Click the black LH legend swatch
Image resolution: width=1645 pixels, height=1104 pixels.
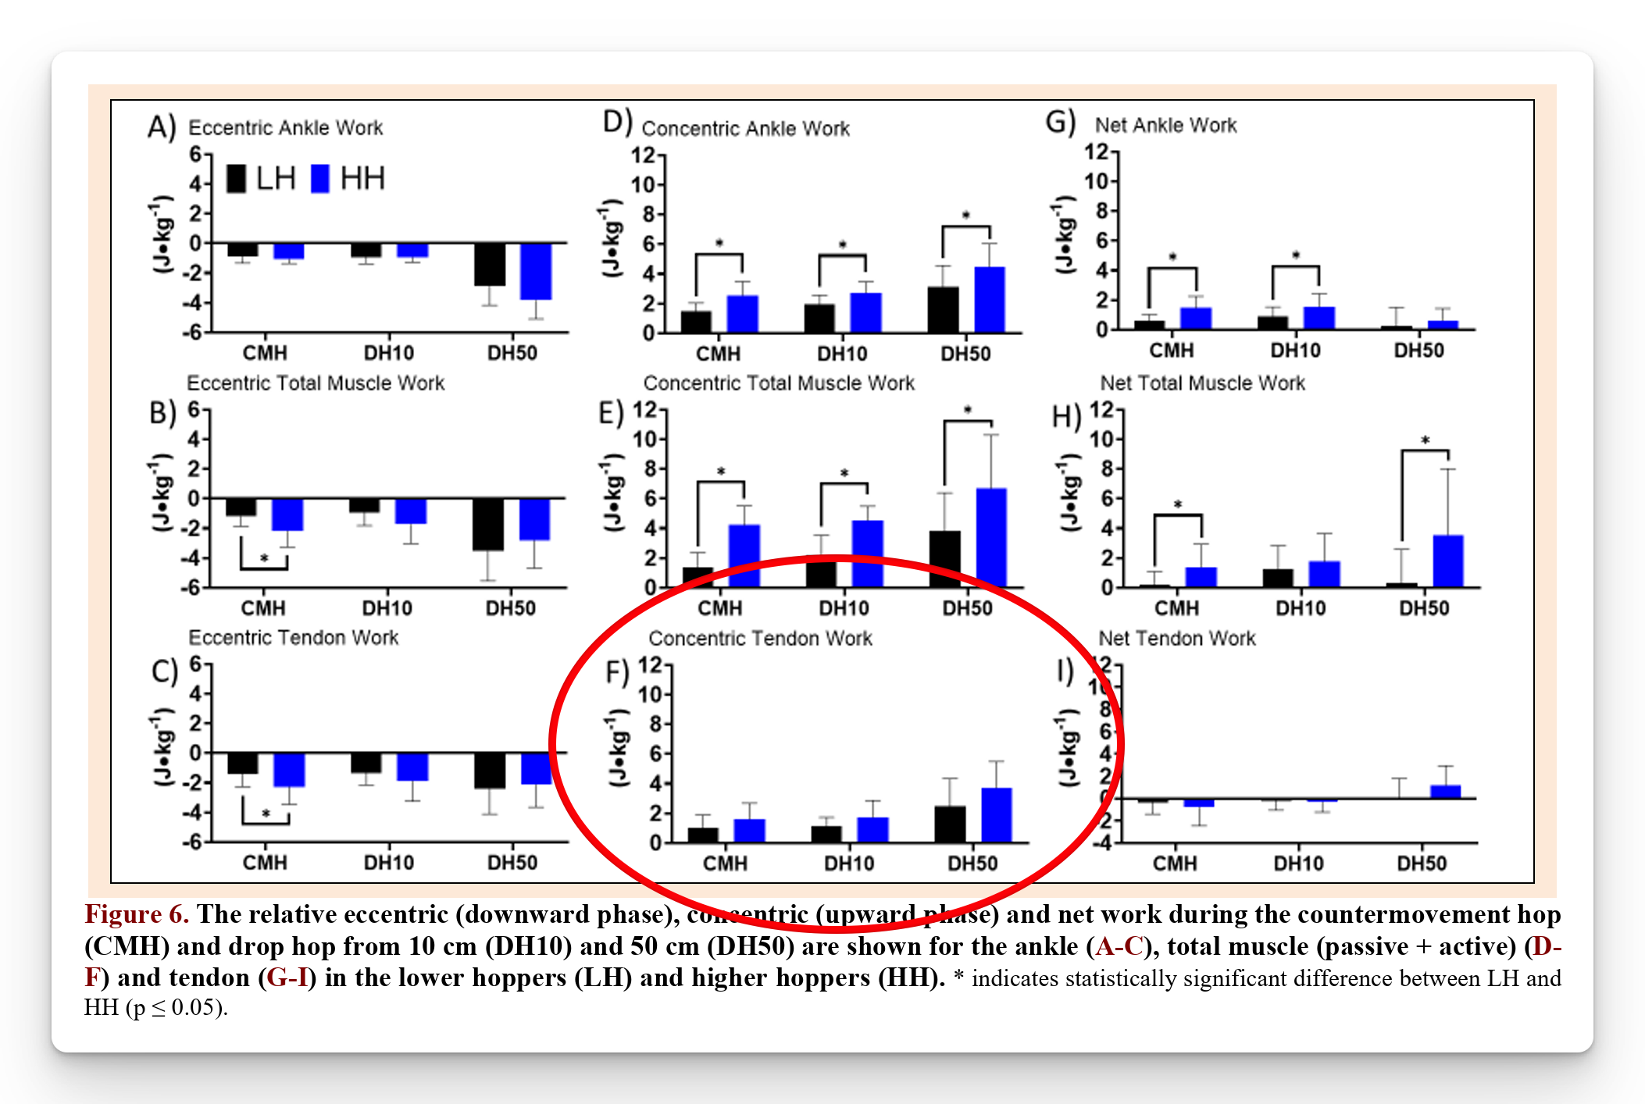point(236,179)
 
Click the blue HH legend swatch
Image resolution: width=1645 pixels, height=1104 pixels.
point(320,179)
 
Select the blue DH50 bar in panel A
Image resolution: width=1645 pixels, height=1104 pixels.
point(536,271)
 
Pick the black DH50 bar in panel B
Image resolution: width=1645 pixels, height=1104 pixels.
point(488,524)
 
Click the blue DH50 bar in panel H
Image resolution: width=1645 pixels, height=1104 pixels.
point(1447,561)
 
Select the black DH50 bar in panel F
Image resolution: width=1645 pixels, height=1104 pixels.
point(950,824)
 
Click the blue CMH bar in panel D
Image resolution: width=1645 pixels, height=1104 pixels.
point(742,313)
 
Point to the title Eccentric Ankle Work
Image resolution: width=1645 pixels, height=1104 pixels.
point(285,127)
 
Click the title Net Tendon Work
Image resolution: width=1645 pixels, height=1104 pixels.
point(1176,639)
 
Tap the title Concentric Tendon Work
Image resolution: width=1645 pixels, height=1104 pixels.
point(760,639)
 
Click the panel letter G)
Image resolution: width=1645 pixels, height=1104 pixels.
point(1061,123)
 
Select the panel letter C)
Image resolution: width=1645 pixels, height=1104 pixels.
point(165,671)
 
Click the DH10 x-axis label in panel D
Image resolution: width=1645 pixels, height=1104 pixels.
point(842,354)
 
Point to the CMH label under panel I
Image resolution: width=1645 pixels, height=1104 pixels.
point(1174,864)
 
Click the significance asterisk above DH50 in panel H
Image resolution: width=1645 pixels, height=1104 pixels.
point(1425,440)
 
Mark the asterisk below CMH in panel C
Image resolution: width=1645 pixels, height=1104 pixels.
point(266,814)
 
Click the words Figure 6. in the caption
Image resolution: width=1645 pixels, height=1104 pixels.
point(137,914)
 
